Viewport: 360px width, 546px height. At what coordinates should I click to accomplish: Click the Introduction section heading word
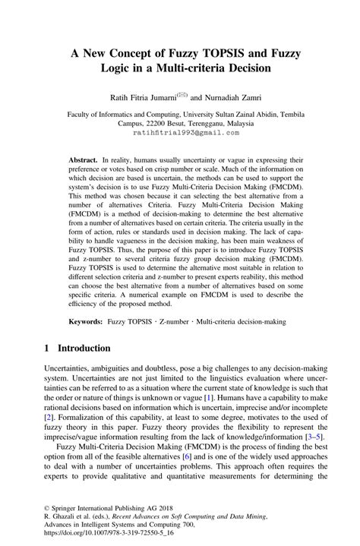(80, 349)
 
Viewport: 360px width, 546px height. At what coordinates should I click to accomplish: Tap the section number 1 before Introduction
(47, 349)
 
